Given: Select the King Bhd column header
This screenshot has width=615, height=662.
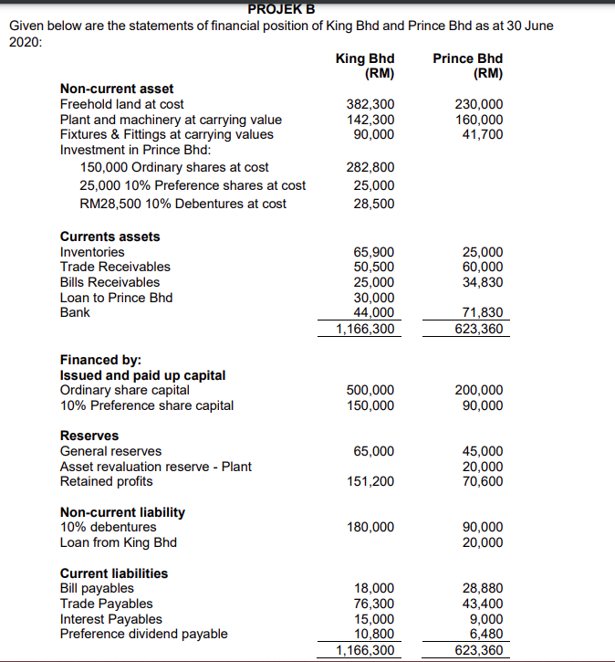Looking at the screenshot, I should pos(365,65).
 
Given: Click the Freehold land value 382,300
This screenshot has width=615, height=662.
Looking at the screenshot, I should pos(371,104).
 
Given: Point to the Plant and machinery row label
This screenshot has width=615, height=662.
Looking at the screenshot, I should pos(171,120).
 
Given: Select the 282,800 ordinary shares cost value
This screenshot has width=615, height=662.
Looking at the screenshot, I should pos(371,167).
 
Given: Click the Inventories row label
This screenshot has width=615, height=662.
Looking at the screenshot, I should pos(92,252).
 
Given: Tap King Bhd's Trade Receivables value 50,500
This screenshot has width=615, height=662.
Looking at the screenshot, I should pos(374,267).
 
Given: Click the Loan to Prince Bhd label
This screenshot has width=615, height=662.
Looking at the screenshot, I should pos(116,298).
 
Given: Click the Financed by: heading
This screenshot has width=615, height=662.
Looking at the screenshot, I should pos(94,360).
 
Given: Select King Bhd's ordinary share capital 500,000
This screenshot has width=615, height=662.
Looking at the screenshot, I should pos(371,391).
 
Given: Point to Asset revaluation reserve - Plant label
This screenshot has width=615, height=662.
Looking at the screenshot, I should pos(156,467).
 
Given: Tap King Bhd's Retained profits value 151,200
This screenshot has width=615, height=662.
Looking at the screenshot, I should pos(371,481).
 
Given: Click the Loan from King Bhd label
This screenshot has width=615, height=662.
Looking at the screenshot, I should pos(119,542).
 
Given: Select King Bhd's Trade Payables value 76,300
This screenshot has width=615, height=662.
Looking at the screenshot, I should pos(374,604).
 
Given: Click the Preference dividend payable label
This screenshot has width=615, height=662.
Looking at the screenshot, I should pos(144,634).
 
